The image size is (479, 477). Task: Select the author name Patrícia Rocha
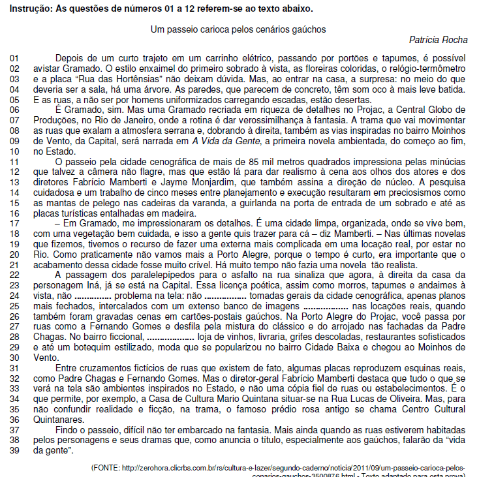point(438,40)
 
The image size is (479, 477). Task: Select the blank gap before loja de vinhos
point(171,336)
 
